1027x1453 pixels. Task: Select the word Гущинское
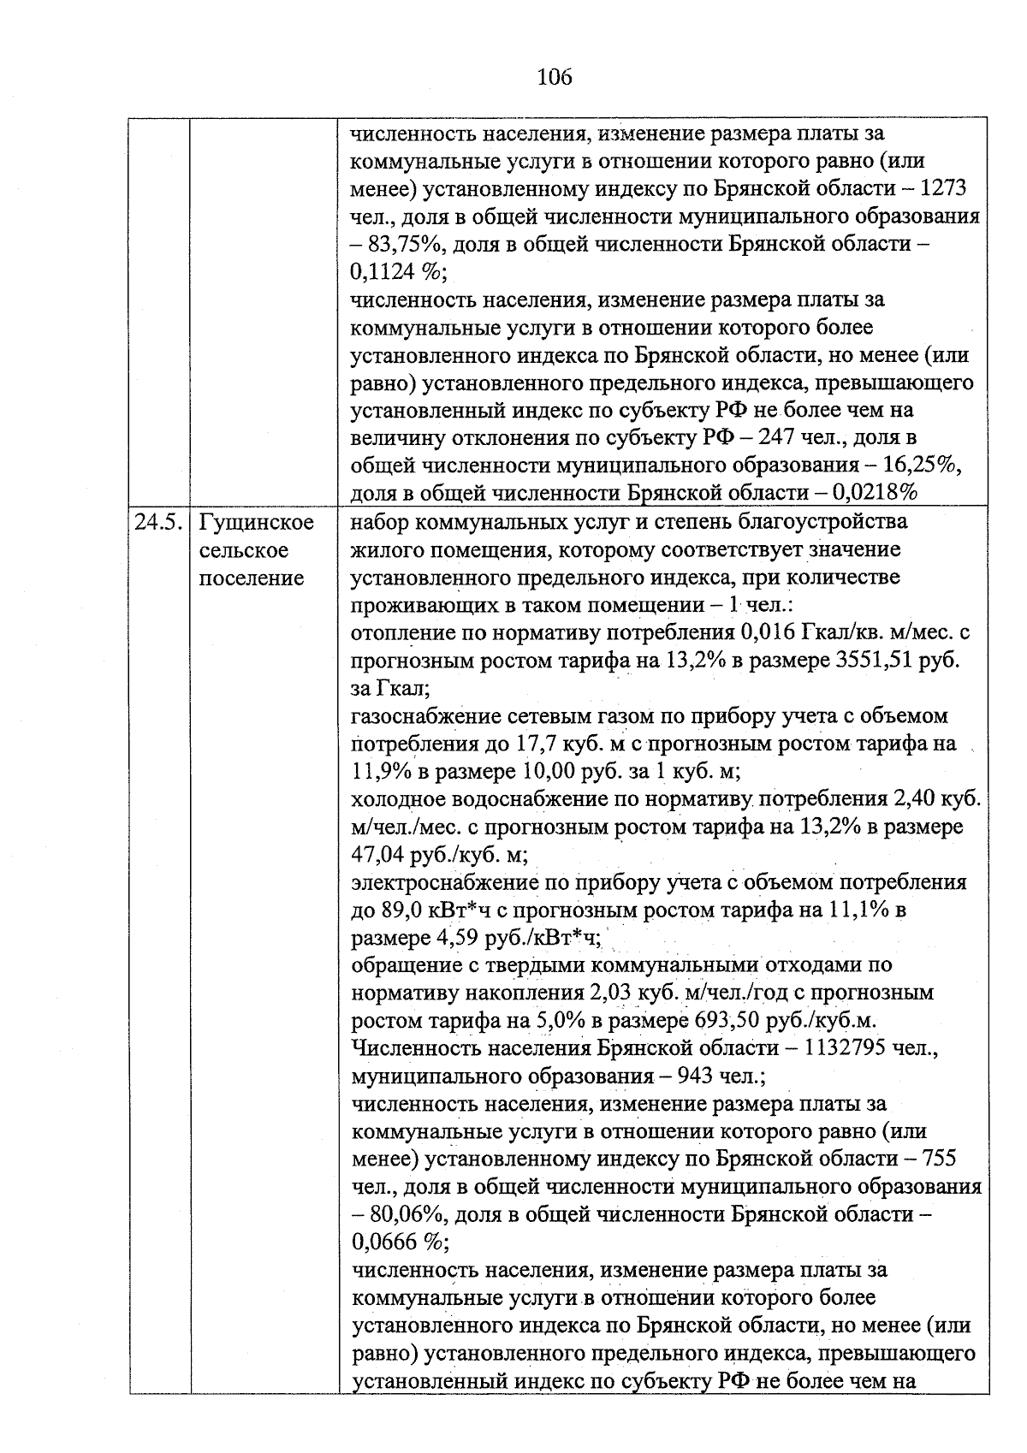click(x=256, y=522)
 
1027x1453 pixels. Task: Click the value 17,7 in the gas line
click(x=537, y=744)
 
